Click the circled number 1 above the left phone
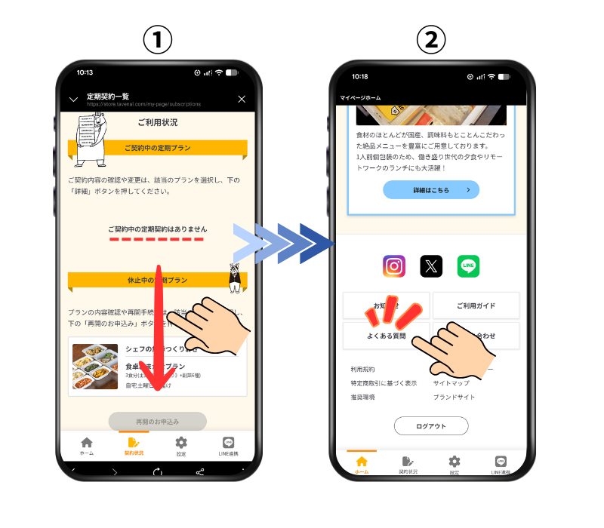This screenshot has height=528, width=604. coord(159,41)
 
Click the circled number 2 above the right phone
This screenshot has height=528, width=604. coord(431,41)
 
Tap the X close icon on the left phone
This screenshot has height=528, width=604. coord(242,99)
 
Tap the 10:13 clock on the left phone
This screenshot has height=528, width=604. coord(85,73)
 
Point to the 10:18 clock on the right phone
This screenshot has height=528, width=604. coord(360,76)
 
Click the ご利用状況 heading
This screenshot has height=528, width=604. coord(158,122)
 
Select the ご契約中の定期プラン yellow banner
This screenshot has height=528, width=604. coord(158,149)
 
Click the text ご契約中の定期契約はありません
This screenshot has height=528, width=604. coord(157,229)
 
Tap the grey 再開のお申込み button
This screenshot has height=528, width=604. coord(157,422)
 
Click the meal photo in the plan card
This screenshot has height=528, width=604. coord(95,367)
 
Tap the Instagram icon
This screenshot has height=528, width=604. coord(394,266)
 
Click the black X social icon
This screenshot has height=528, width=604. coord(431,266)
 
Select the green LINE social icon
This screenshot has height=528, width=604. coord(468,266)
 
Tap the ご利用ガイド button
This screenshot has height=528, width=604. coord(476,305)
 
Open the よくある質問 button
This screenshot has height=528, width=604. coord(386,336)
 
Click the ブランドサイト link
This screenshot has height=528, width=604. coord(454,397)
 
